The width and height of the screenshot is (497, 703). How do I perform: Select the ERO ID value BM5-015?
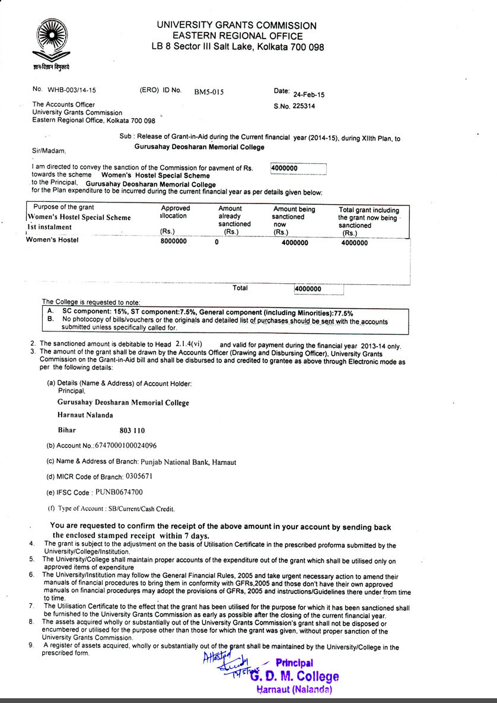tap(209, 92)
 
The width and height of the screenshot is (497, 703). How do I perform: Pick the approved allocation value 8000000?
tap(174, 242)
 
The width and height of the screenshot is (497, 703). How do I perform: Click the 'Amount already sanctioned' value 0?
tap(216, 242)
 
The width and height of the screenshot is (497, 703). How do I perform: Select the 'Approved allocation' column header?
tap(176, 212)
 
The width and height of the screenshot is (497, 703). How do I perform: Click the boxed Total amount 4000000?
tap(308, 289)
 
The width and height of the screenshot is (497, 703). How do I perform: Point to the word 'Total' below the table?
tap(240, 288)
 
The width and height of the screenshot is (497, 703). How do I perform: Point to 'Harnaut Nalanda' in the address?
tap(85, 415)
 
